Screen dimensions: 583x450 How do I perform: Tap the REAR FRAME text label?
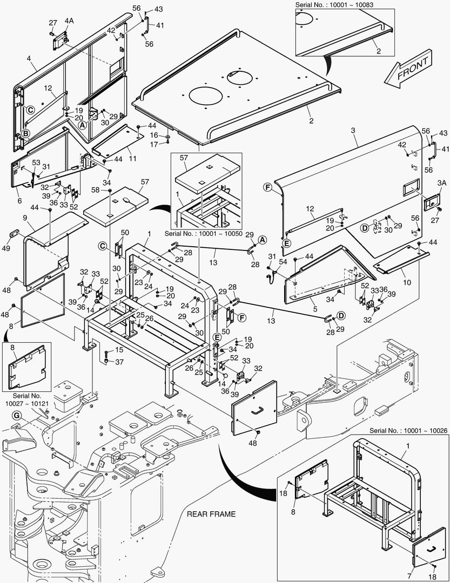click(x=211, y=514)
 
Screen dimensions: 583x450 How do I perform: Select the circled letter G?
click(x=16, y=415)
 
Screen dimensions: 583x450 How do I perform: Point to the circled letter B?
click(x=25, y=134)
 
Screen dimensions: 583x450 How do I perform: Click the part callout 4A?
click(x=69, y=21)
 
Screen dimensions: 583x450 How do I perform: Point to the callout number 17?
click(x=154, y=144)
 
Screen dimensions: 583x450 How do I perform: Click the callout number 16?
click(x=154, y=135)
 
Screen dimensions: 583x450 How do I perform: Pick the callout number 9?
click(x=25, y=218)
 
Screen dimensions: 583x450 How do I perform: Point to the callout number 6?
click(x=19, y=185)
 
